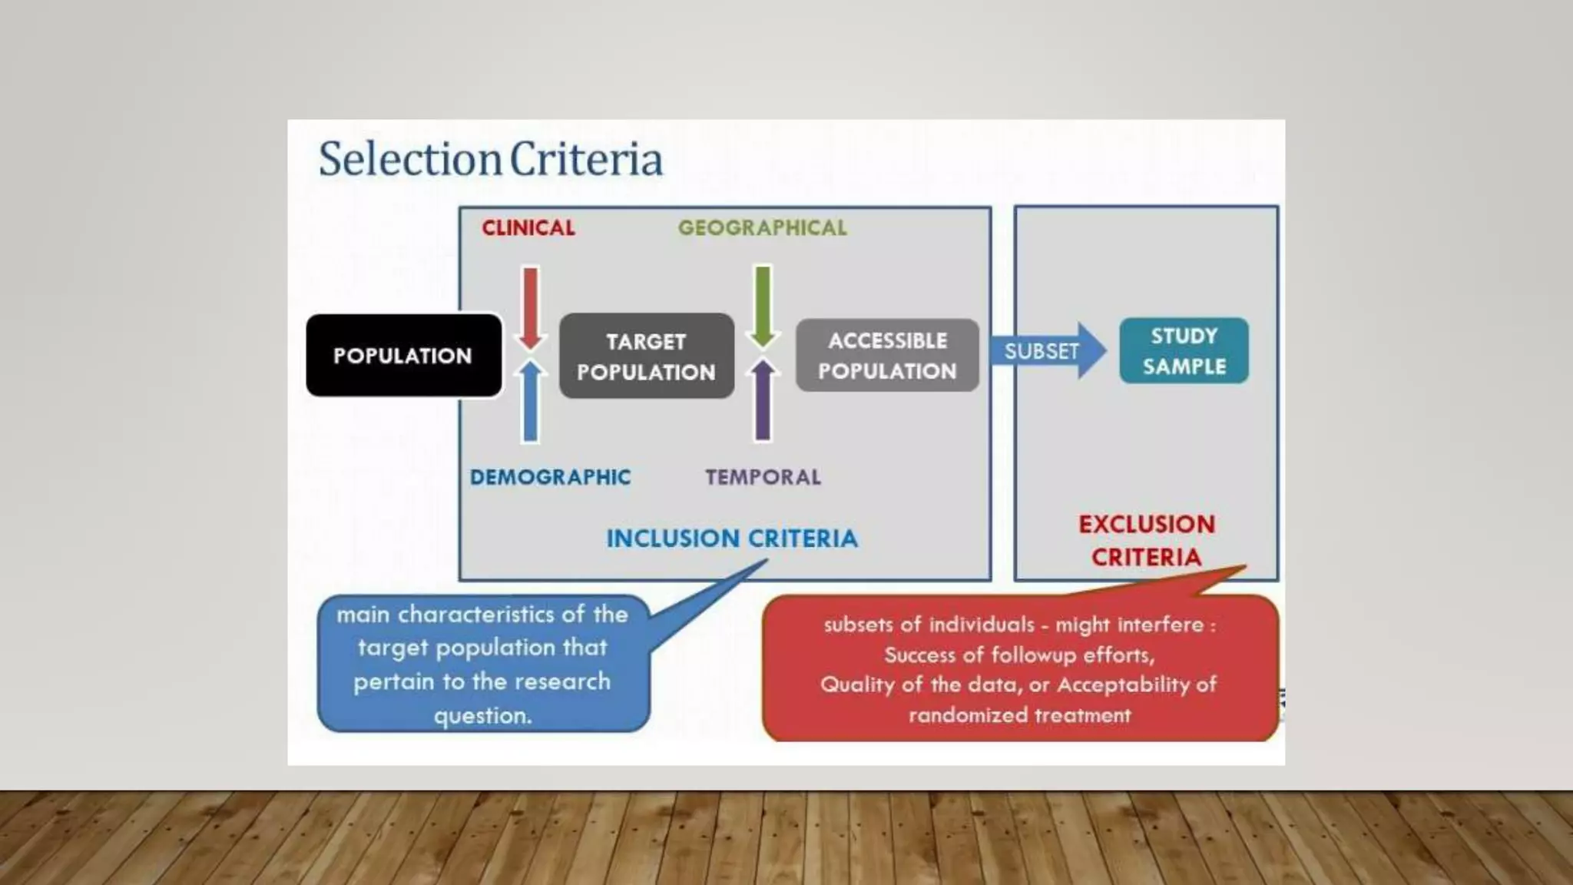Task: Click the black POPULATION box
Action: coord(403,355)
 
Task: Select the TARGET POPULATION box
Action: coord(646,356)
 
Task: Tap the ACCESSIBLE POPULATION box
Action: coord(887,355)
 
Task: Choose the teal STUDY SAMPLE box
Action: coord(1184,350)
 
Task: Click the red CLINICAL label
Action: coord(528,227)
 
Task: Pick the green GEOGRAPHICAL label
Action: coord(763,227)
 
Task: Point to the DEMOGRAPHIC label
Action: coord(550,477)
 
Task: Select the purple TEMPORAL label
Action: coord(763,477)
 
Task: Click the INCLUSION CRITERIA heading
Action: coord(732,539)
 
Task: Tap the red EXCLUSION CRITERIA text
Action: coord(1146,540)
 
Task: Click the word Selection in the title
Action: coord(410,159)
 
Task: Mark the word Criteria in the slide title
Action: coord(586,159)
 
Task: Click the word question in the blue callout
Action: coord(482,715)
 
